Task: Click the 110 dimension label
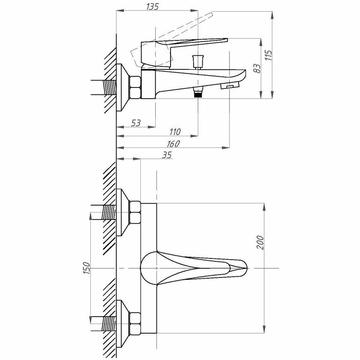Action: [x=175, y=132]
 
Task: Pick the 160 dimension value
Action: [x=173, y=144]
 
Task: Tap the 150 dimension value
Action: [x=86, y=268]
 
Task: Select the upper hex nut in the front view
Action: [x=135, y=211]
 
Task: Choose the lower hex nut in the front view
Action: [x=135, y=323]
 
